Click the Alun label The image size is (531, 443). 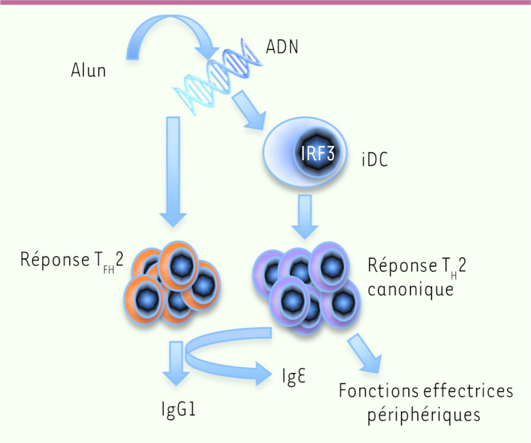point(88,71)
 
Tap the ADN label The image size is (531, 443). point(282,47)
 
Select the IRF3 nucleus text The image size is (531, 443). point(318,153)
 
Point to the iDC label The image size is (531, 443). point(374,159)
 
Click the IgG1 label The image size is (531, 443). point(178,410)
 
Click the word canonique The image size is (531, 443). point(410,290)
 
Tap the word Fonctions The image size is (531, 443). point(378,391)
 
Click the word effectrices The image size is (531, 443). point(468,391)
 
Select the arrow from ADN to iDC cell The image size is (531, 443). point(249,110)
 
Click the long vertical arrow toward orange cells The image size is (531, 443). point(173,171)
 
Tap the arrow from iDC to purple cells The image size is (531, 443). point(305,216)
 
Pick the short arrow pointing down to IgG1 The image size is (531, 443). point(176,363)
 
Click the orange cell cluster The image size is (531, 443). point(172,283)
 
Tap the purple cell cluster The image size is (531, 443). point(307,288)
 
